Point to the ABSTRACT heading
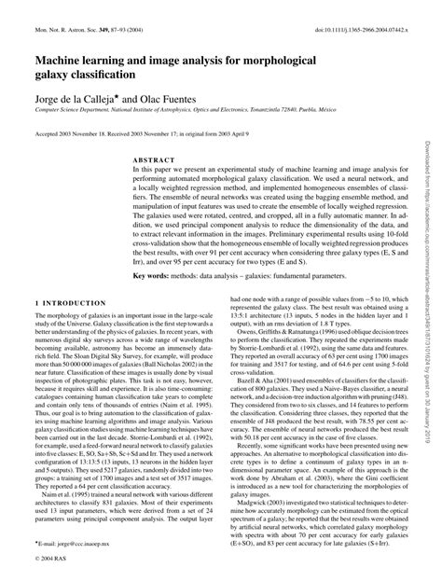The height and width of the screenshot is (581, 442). (x=151, y=159)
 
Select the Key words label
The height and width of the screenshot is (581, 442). (x=154, y=276)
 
